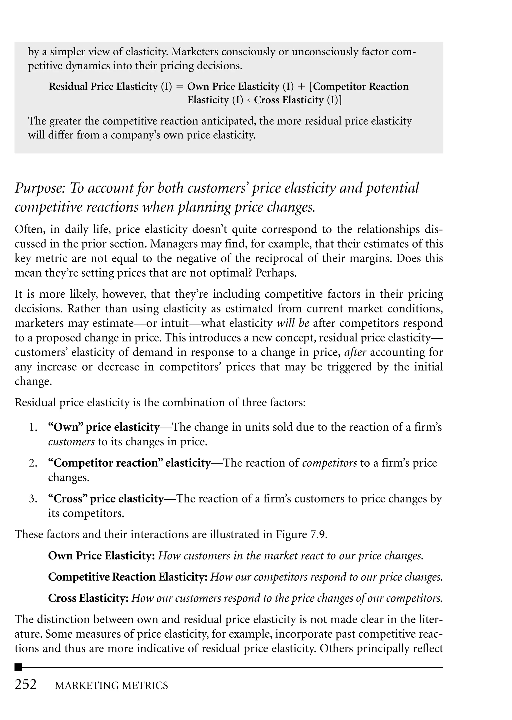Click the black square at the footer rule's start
(18, 667)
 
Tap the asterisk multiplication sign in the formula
(249, 100)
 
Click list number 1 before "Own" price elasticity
(33, 427)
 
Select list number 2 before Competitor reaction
(33, 463)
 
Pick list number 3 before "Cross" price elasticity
(33, 499)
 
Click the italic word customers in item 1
(71, 442)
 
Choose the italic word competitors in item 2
(329, 463)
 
